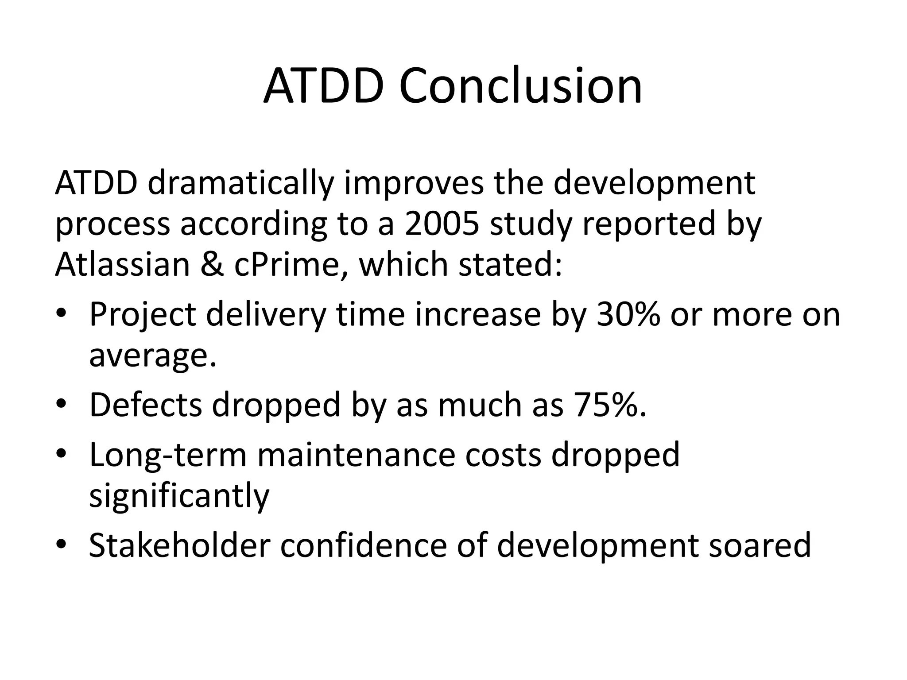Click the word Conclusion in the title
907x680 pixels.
(x=520, y=86)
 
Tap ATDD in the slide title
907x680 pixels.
(x=323, y=86)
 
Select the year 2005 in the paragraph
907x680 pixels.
(x=442, y=224)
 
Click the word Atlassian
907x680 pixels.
(x=122, y=264)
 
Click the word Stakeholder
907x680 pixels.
(x=179, y=545)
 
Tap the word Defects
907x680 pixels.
(x=145, y=405)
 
